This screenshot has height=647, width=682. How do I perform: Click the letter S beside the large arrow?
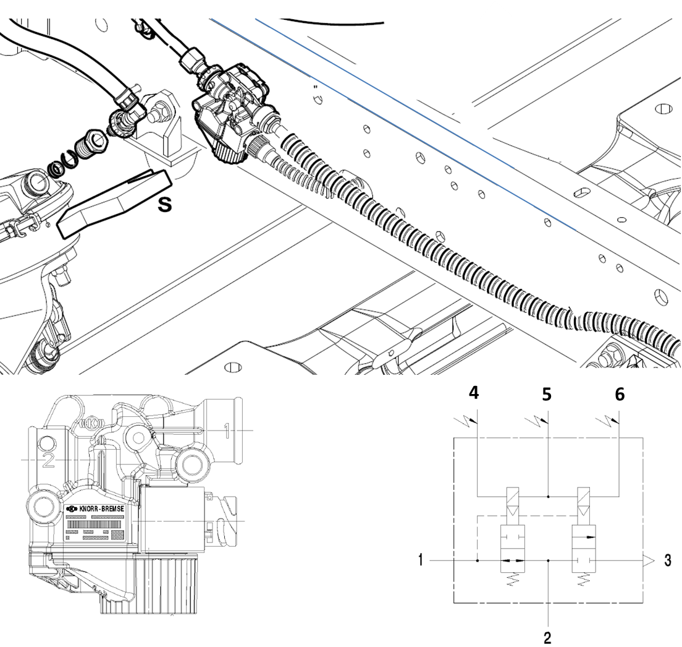[x=164, y=204]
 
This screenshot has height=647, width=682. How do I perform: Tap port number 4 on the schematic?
[x=474, y=393]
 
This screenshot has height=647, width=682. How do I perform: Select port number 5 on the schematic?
[x=547, y=395]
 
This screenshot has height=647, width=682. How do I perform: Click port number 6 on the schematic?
[x=619, y=394]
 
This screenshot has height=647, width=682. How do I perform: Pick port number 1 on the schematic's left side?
[x=421, y=561]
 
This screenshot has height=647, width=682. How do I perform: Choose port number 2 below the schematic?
[x=547, y=636]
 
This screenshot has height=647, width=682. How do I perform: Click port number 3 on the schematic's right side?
[x=667, y=561]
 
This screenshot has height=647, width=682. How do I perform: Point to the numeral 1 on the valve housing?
[x=227, y=429]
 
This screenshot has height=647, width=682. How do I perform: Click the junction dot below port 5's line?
[x=549, y=496]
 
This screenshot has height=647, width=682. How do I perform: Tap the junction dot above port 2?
[x=549, y=561]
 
